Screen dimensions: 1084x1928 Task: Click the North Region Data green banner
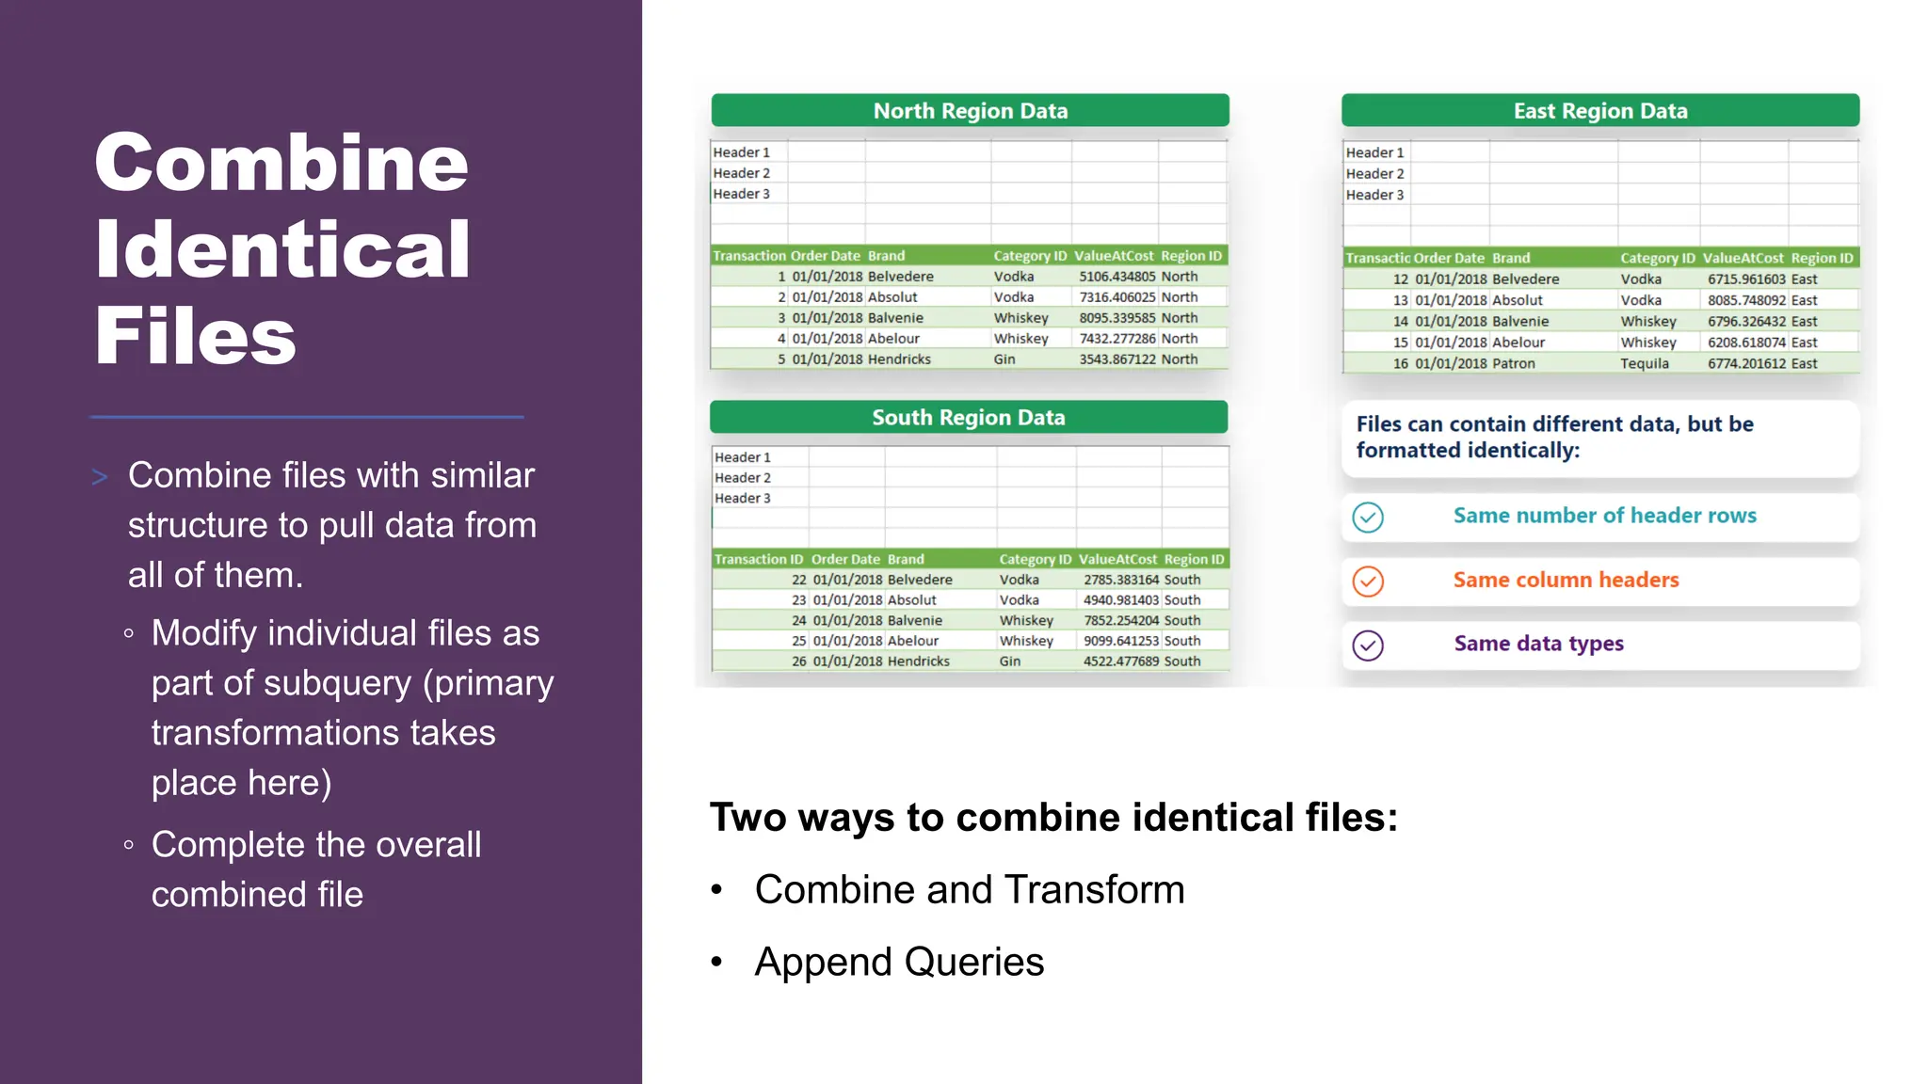tap(970, 111)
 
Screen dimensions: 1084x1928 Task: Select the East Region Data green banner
tap(1599, 111)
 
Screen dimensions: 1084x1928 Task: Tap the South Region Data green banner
tap(968, 418)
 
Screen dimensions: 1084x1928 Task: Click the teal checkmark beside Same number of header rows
tap(1367, 517)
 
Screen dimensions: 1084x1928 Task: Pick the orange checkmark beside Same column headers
tap(1367, 582)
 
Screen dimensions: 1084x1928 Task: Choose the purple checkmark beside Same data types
tap(1367, 646)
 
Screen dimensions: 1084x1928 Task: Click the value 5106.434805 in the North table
tap(1117, 277)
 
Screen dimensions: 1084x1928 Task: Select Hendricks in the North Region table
tap(899, 359)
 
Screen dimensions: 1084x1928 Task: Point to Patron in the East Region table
tap(1513, 363)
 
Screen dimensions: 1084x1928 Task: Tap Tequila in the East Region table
tap(1644, 363)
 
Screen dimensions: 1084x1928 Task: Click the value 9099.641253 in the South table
tap(1120, 641)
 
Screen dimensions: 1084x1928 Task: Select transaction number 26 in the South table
tap(798, 662)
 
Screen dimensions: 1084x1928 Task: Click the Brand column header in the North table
tap(886, 256)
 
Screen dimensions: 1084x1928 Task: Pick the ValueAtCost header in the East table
tap(1743, 258)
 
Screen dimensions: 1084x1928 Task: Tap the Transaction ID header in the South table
tap(759, 559)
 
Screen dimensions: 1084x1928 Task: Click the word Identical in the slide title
tap(282, 249)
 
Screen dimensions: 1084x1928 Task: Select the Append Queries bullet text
tap(899, 962)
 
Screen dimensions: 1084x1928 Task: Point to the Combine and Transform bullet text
tap(970, 889)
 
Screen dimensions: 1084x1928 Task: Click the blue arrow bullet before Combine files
tap(100, 477)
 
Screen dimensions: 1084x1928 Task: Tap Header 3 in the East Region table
tap(1374, 195)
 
